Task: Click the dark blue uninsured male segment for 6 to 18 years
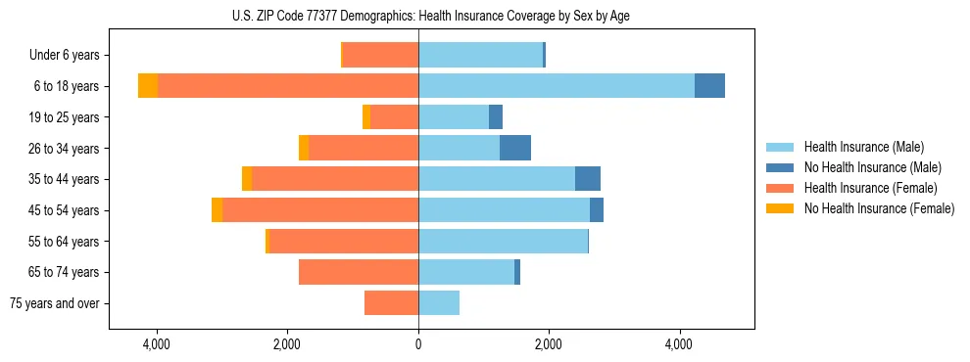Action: coord(709,86)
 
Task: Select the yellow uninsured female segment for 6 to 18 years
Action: coord(148,86)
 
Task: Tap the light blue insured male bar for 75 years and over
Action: coord(439,303)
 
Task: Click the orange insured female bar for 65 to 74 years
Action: coord(359,272)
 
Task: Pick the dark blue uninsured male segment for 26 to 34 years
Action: coord(515,149)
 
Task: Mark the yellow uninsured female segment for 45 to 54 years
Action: coord(217,210)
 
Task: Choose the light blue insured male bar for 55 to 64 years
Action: coord(503,242)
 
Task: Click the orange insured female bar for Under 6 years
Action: coord(380,56)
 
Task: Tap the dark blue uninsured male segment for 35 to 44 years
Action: coord(588,179)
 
